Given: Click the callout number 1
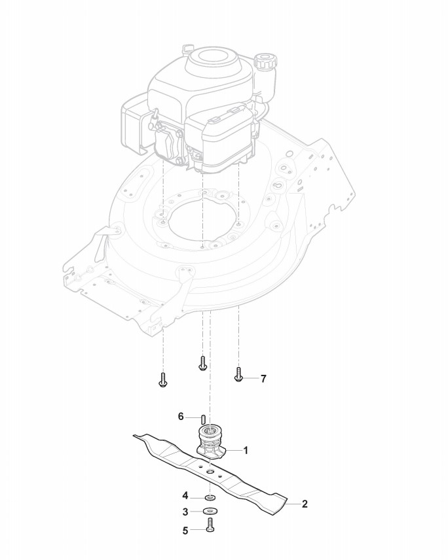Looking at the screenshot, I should pos(246,450).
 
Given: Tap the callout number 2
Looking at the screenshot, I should pos(305,504).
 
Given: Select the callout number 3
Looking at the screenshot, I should pos(185,510).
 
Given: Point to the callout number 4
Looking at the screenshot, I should pos(185,495).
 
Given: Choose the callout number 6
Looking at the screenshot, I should pos(181,416).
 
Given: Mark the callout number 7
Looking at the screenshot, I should pos(263,378).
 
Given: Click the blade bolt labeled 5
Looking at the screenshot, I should pos(209,525).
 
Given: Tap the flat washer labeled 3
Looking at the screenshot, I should pos(209,510).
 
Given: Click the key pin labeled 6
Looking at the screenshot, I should pos(203,419).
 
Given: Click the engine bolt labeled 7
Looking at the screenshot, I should pos(238,375).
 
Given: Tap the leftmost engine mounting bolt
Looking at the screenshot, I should pos(162,380).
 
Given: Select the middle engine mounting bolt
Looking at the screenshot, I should pos(202,362).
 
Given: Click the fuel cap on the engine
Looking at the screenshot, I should pos(266,61).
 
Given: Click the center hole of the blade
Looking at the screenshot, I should pos(210,471).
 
